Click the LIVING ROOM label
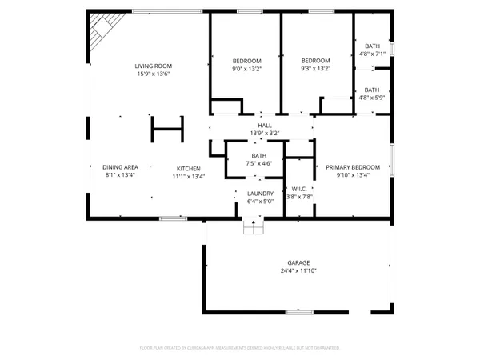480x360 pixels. click(x=153, y=66)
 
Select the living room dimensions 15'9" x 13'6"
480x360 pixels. click(x=153, y=73)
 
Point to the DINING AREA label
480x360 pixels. click(x=121, y=166)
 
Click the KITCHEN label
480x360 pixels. click(x=189, y=168)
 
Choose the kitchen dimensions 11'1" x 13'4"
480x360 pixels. click(x=189, y=175)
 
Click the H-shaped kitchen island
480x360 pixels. click(x=167, y=128)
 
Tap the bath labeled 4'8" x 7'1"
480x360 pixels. click(x=372, y=50)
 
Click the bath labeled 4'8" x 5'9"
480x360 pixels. click(x=372, y=94)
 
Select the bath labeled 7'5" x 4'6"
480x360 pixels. click(x=259, y=158)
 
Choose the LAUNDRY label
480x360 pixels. click(x=260, y=193)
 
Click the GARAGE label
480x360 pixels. click(x=298, y=263)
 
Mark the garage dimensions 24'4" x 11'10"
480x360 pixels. click(x=298, y=270)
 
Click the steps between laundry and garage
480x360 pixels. click(x=254, y=228)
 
